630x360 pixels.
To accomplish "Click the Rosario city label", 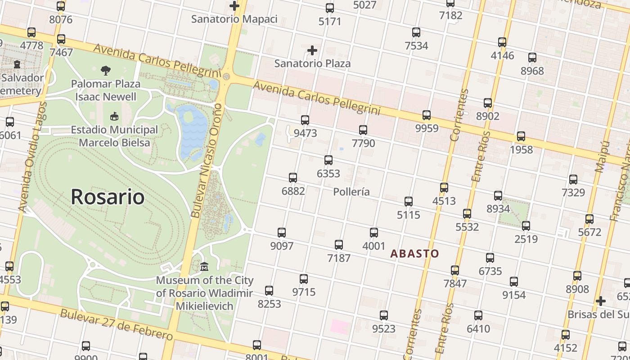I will tap(108, 197).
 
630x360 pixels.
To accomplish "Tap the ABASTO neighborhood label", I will tap(414, 253).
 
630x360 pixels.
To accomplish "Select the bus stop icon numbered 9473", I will tap(305, 120).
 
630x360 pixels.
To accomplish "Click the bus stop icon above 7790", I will tap(363, 130).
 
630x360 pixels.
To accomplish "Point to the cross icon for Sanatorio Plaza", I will tap(312, 50).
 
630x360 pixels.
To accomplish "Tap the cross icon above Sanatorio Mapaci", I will tap(234, 6).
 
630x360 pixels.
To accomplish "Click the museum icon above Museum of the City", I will tap(204, 267).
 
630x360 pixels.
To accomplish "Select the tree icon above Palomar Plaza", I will tap(106, 70).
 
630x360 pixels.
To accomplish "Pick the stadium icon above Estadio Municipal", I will tap(114, 116).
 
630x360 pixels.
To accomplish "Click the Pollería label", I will tap(351, 192).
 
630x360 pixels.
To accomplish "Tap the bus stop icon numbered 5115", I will tap(409, 201).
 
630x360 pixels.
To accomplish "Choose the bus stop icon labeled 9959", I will tap(427, 115).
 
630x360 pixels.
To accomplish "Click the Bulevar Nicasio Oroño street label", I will tap(208, 161).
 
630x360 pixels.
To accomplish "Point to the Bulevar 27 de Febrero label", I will tap(116, 324).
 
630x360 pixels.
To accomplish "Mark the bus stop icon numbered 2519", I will tap(526, 225).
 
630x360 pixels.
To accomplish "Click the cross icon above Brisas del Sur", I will tap(601, 301).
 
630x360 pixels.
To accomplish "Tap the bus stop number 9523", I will tap(384, 328).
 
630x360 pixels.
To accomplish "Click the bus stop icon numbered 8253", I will tap(269, 291).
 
